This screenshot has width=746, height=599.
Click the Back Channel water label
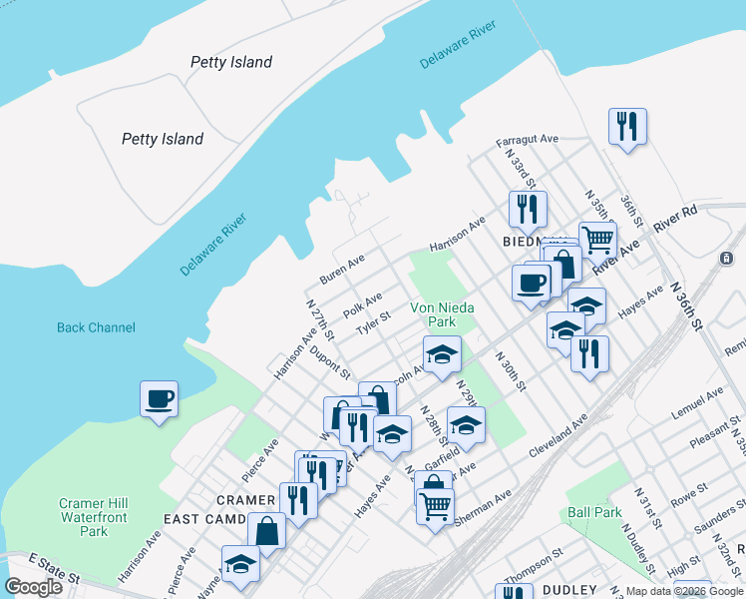point(96,327)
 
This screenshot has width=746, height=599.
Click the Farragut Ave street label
point(528,141)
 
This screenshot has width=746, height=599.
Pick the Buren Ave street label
point(342,268)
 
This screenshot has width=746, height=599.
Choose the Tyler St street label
point(373,322)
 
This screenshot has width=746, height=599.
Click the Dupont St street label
point(329,360)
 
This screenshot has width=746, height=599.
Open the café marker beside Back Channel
point(160,400)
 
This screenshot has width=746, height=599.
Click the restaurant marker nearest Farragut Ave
point(628,127)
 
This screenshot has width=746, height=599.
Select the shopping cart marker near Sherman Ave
point(435,508)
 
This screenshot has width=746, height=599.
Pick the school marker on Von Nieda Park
point(442,353)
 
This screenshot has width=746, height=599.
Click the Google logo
point(34,587)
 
